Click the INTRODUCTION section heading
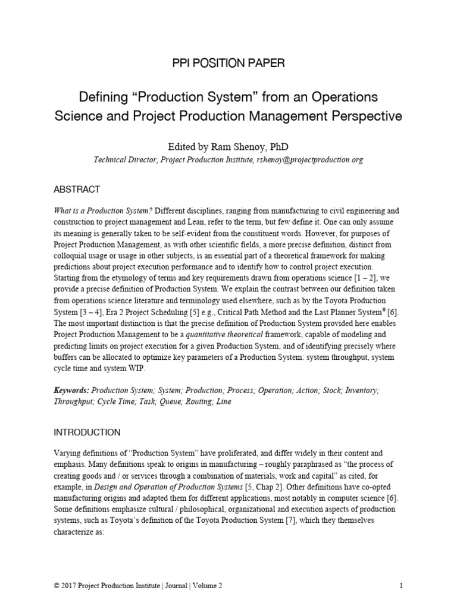(87, 432)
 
